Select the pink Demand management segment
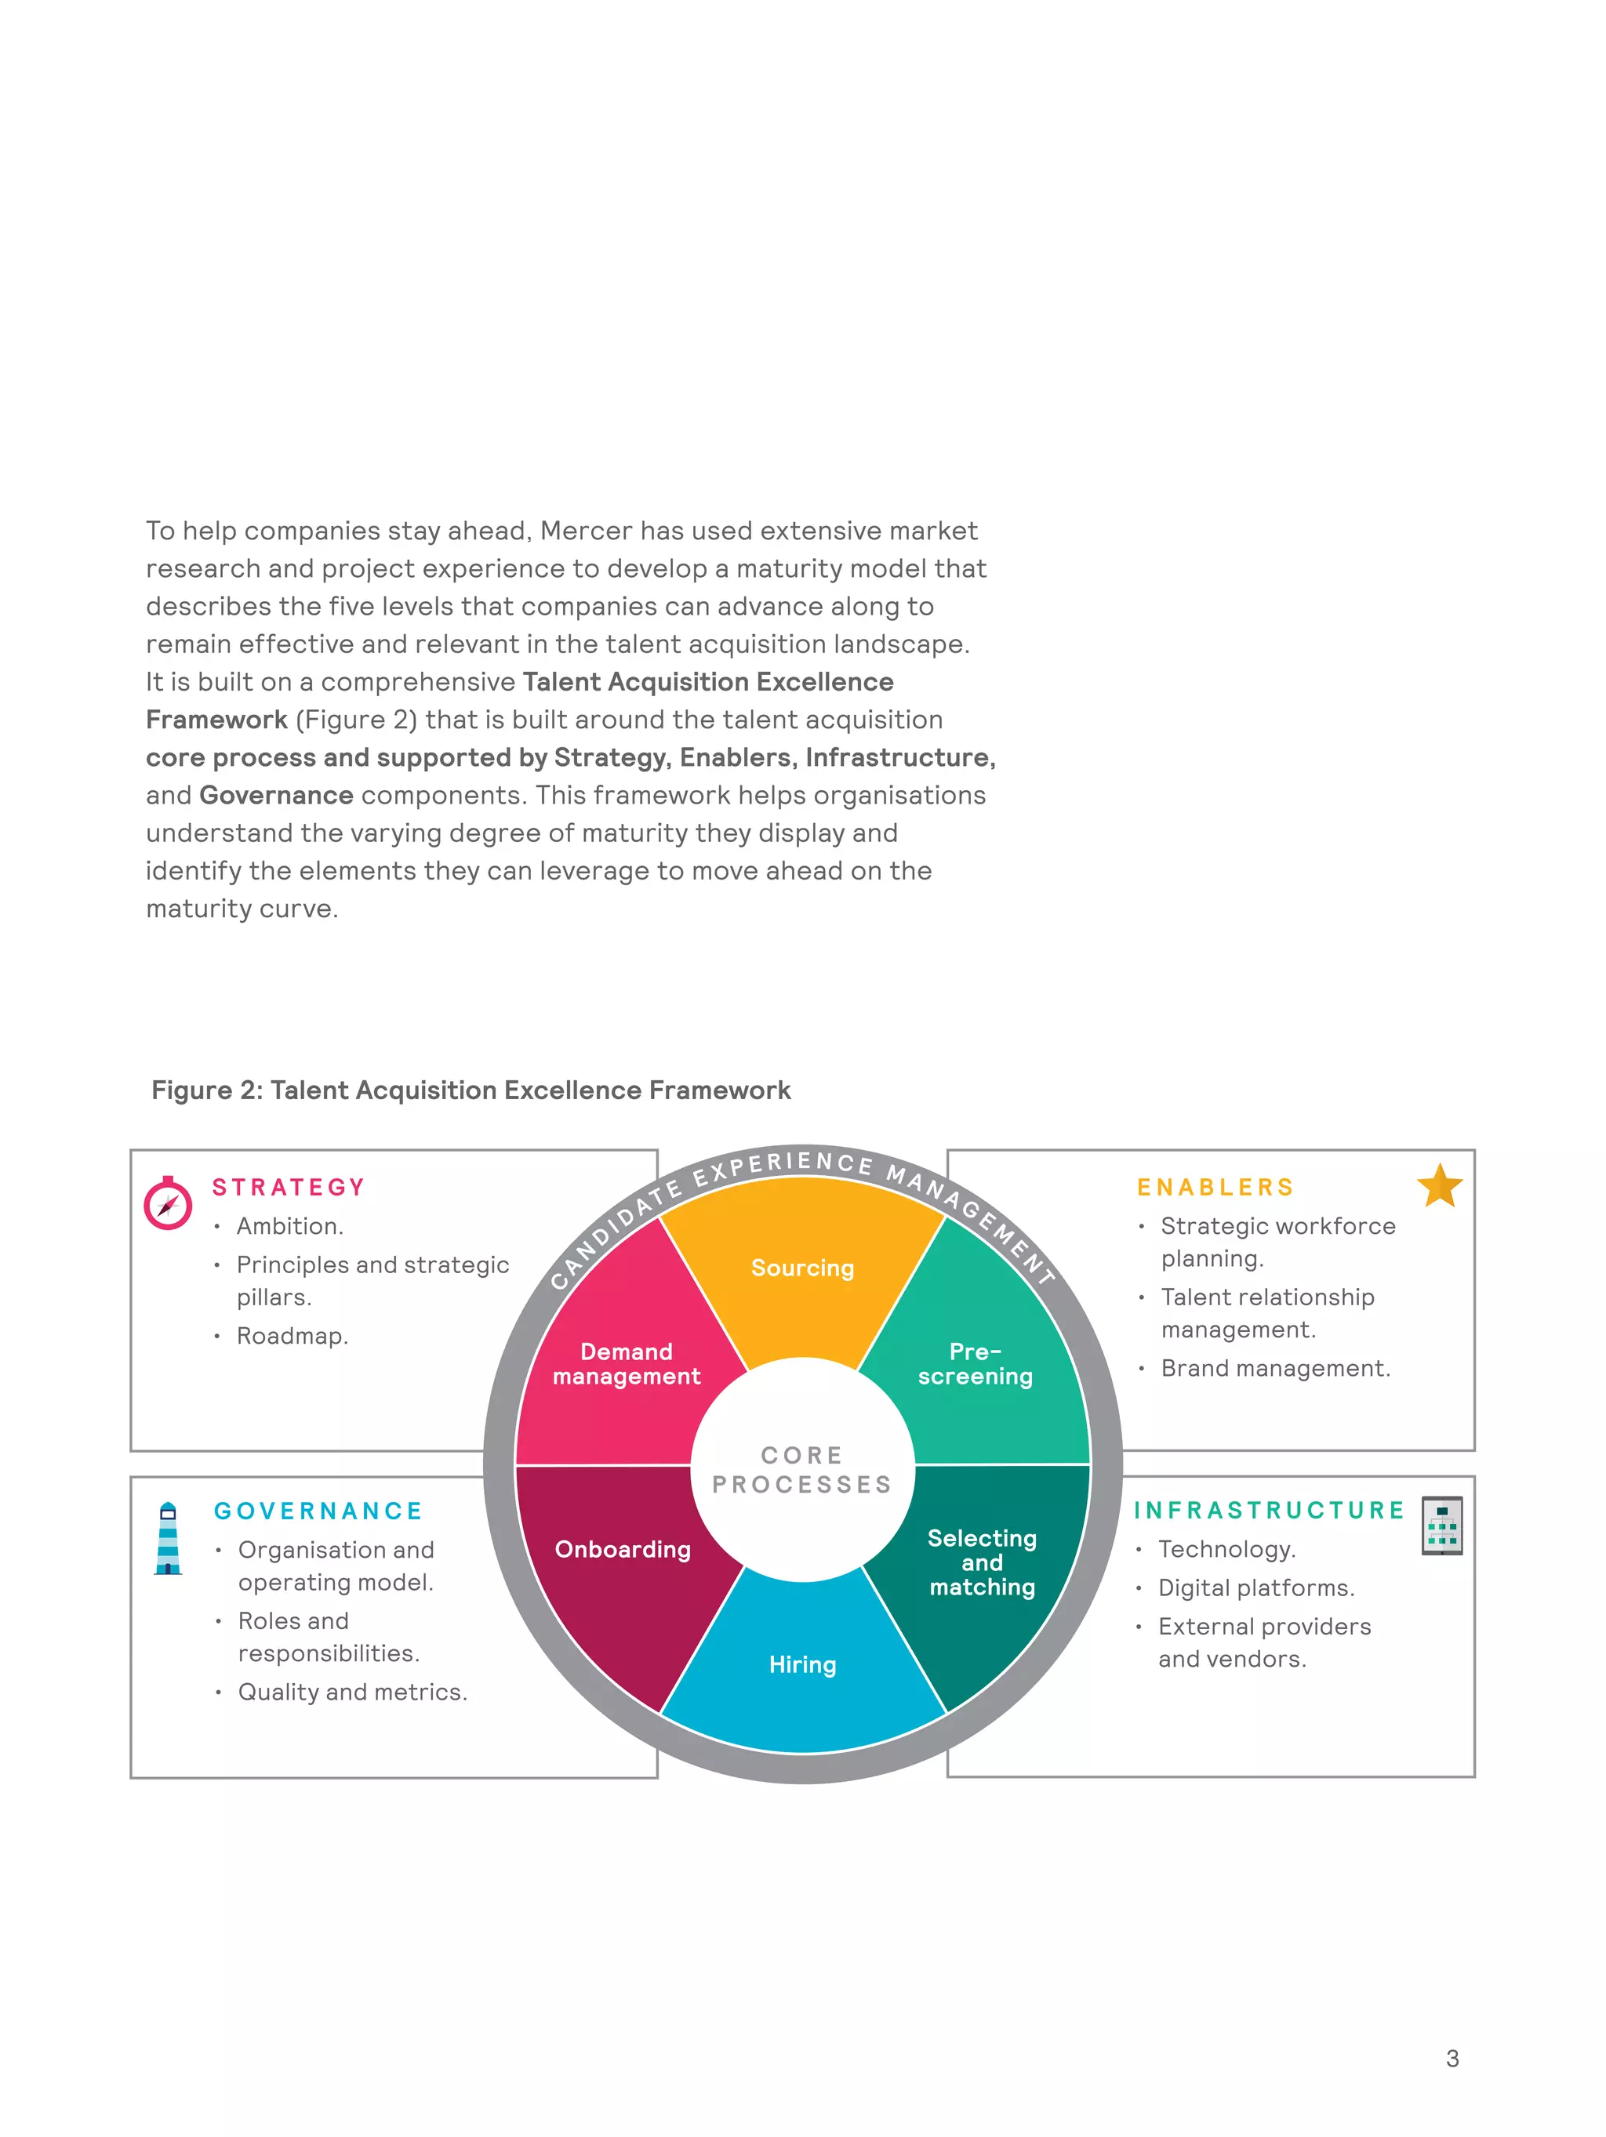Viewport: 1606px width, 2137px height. (x=626, y=1363)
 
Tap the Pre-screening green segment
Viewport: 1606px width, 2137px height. (x=975, y=1363)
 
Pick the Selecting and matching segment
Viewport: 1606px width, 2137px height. (x=982, y=1562)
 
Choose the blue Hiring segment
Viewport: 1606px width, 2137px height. (x=802, y=1664)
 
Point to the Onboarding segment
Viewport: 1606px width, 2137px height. (x=623, y=1548)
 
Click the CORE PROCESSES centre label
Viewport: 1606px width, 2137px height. (x=802, y=1469)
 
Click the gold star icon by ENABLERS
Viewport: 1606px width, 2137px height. (x=1440, y=1185)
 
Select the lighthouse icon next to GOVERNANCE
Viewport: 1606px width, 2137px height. (x=168, y=1538)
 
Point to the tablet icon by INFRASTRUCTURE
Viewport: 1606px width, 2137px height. (x=1442, y=1526)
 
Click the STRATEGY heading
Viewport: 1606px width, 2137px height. (x=289, y=1188)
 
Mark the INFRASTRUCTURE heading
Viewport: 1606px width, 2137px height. (x=1269, y=1510)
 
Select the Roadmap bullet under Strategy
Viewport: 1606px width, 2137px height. (x=292, y=1336)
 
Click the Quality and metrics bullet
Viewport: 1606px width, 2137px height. (x=353, y=1692)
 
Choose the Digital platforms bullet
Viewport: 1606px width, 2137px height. (x=1256, y=1587)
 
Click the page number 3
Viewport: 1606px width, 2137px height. (x=1452, y=2058)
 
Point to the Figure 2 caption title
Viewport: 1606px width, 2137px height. (x=471, y=1090)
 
